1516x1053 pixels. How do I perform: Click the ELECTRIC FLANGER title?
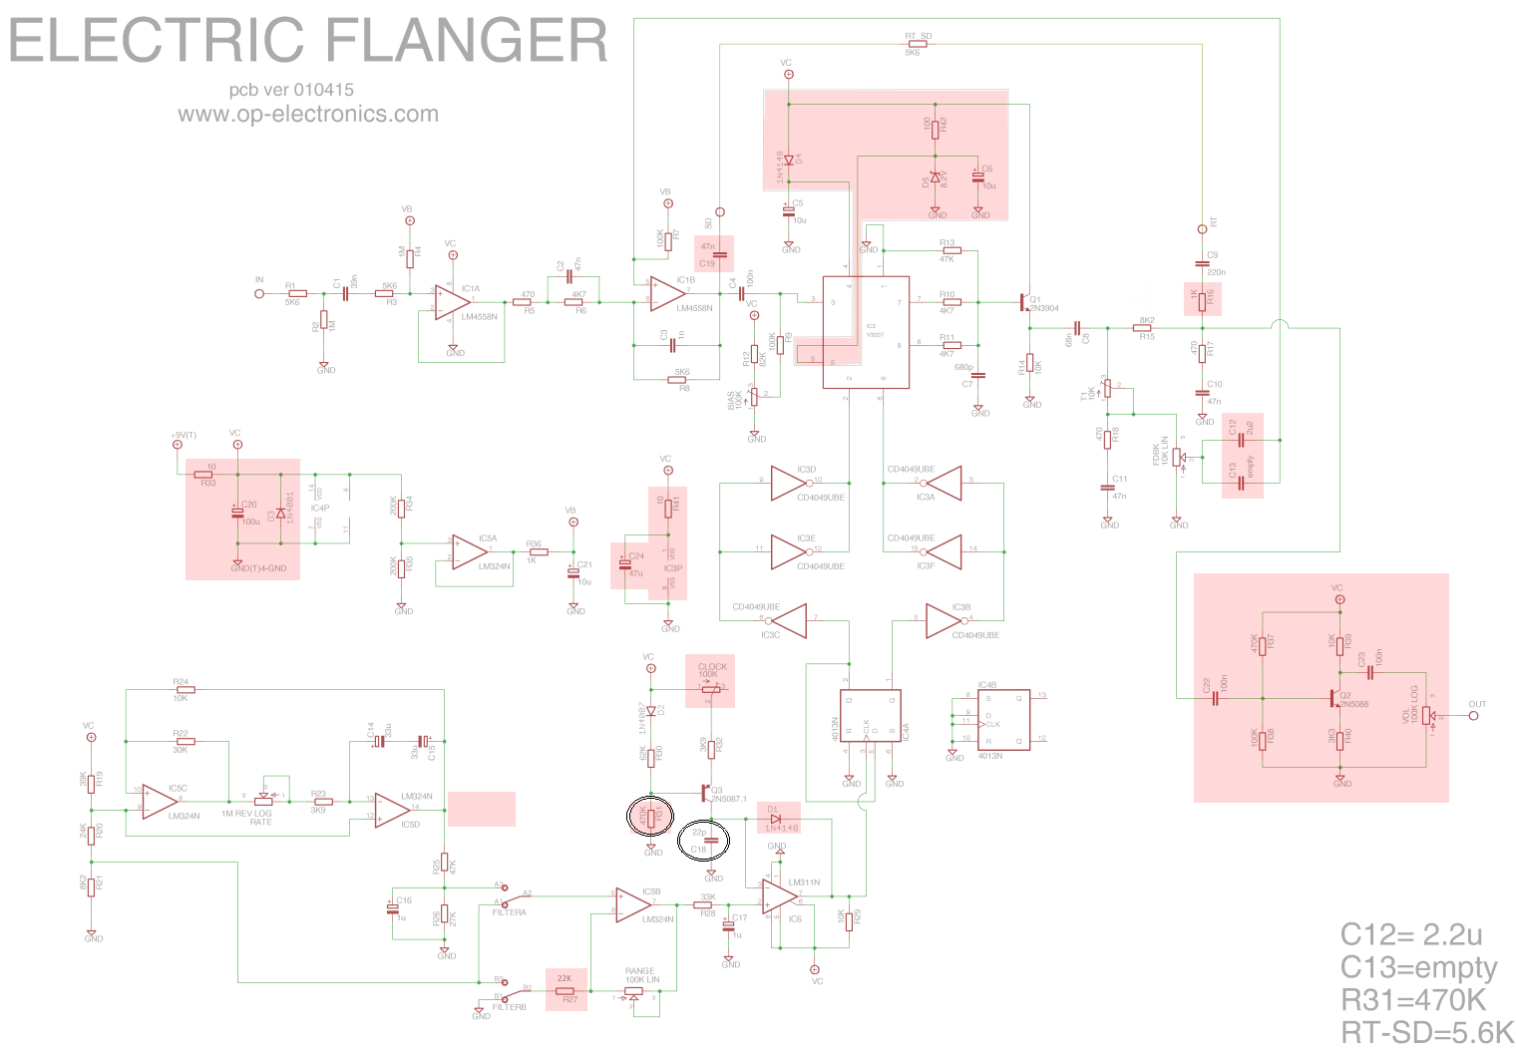point(308,41)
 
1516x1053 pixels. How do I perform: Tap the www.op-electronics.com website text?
point(308,114)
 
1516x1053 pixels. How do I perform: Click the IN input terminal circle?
point(259,294)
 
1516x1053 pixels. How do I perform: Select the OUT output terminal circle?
point(1473,715)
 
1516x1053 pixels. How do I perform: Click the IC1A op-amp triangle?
point(452,302)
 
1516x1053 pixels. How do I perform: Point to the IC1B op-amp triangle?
point(666,293)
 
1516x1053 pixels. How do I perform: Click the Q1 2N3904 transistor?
point(1025,301)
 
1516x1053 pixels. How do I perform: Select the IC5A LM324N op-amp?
point(468,551)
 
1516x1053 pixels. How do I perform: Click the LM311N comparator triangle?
point(779,898)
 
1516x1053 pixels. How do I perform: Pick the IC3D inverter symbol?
point(790,483)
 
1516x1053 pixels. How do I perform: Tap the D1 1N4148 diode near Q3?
point(775,819)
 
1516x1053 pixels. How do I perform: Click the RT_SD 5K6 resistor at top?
point(913,44)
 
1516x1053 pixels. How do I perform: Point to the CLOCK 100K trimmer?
point(710,688)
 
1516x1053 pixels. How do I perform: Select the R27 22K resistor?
point(565,991)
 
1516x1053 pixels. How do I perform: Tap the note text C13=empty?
point(1418,967)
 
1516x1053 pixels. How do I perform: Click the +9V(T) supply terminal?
point(178,445)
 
